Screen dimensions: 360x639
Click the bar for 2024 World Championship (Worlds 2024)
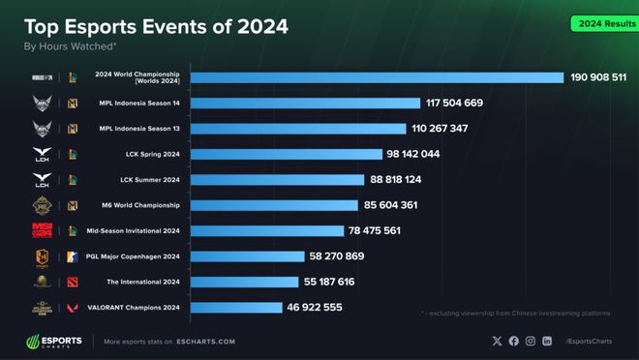(x=377, y=77)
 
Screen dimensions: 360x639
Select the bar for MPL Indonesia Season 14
(x=305, y=103)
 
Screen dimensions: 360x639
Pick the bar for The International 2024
(x=244, y=282)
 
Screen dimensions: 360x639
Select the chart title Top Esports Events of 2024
(x=156, y=26)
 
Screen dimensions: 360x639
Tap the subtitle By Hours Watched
(x=70, y=45)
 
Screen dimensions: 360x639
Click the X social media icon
(x=498, y=341)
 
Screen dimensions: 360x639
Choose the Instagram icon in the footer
(x=531, y=341)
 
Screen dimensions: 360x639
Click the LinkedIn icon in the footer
(x=547, y=341)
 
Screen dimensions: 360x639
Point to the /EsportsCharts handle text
(x=592, y=342)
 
